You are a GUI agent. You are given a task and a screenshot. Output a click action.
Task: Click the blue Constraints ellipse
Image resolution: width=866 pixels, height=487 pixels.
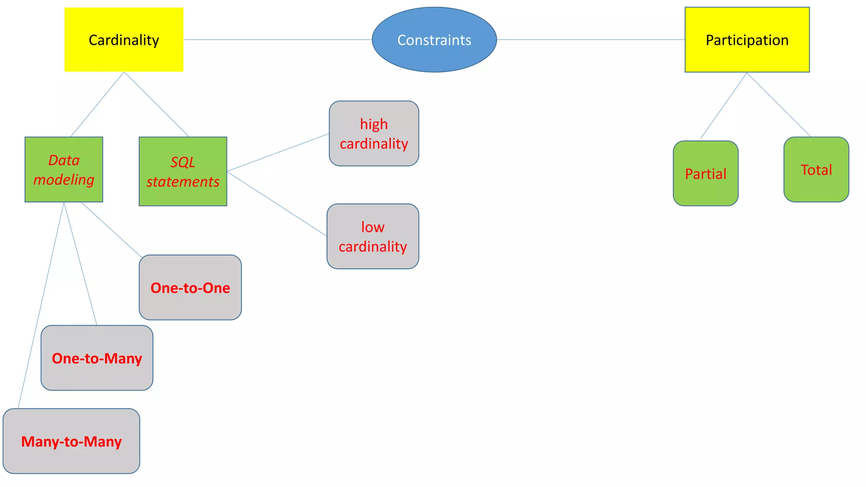tap(434, 40)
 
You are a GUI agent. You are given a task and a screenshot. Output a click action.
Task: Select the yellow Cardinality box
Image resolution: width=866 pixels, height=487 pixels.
tap(123, 40)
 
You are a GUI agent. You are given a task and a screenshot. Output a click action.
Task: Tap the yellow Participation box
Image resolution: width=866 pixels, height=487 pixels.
tap(747, 40)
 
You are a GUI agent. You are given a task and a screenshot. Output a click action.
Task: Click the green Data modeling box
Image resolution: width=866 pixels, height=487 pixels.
tap(63, 170)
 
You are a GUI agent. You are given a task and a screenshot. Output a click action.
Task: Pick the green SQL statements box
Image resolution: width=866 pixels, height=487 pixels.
tap(183, 172)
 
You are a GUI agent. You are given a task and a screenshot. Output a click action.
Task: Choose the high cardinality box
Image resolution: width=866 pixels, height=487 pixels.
tap(374, 134)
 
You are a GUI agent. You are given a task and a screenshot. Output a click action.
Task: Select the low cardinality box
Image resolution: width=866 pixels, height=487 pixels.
tap(373, 236)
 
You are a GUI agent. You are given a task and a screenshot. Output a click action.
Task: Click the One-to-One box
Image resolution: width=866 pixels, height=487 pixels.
tap(190, 287)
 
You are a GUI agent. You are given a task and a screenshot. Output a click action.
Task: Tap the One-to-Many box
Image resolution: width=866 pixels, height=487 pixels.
tap(97, 358)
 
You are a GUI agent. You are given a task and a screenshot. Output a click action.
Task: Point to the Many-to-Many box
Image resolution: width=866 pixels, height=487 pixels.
tap(71, 441)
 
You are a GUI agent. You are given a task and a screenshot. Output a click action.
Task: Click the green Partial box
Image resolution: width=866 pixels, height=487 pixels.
tap(705, 173)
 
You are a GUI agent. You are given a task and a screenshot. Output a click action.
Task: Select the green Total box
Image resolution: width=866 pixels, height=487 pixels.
tap(816, 170)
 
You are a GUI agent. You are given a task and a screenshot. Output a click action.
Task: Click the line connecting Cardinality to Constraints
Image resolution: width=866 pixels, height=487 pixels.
tap(277, 40)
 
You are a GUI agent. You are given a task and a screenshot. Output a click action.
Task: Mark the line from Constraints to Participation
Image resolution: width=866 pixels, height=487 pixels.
tap(590, 40)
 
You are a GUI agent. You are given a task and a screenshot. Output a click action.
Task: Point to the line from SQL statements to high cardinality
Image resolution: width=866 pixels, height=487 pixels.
tap(278, 153)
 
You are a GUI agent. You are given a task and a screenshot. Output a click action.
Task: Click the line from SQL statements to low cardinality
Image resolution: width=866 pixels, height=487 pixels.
tap(277, 204)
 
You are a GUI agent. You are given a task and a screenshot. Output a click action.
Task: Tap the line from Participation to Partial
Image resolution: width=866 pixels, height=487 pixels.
tap(723, 106)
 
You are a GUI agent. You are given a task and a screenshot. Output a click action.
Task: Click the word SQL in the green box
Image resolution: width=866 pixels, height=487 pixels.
tap(183, 162)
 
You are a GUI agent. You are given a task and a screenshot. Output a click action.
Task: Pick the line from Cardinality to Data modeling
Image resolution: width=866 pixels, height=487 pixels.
tap(97, 104)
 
